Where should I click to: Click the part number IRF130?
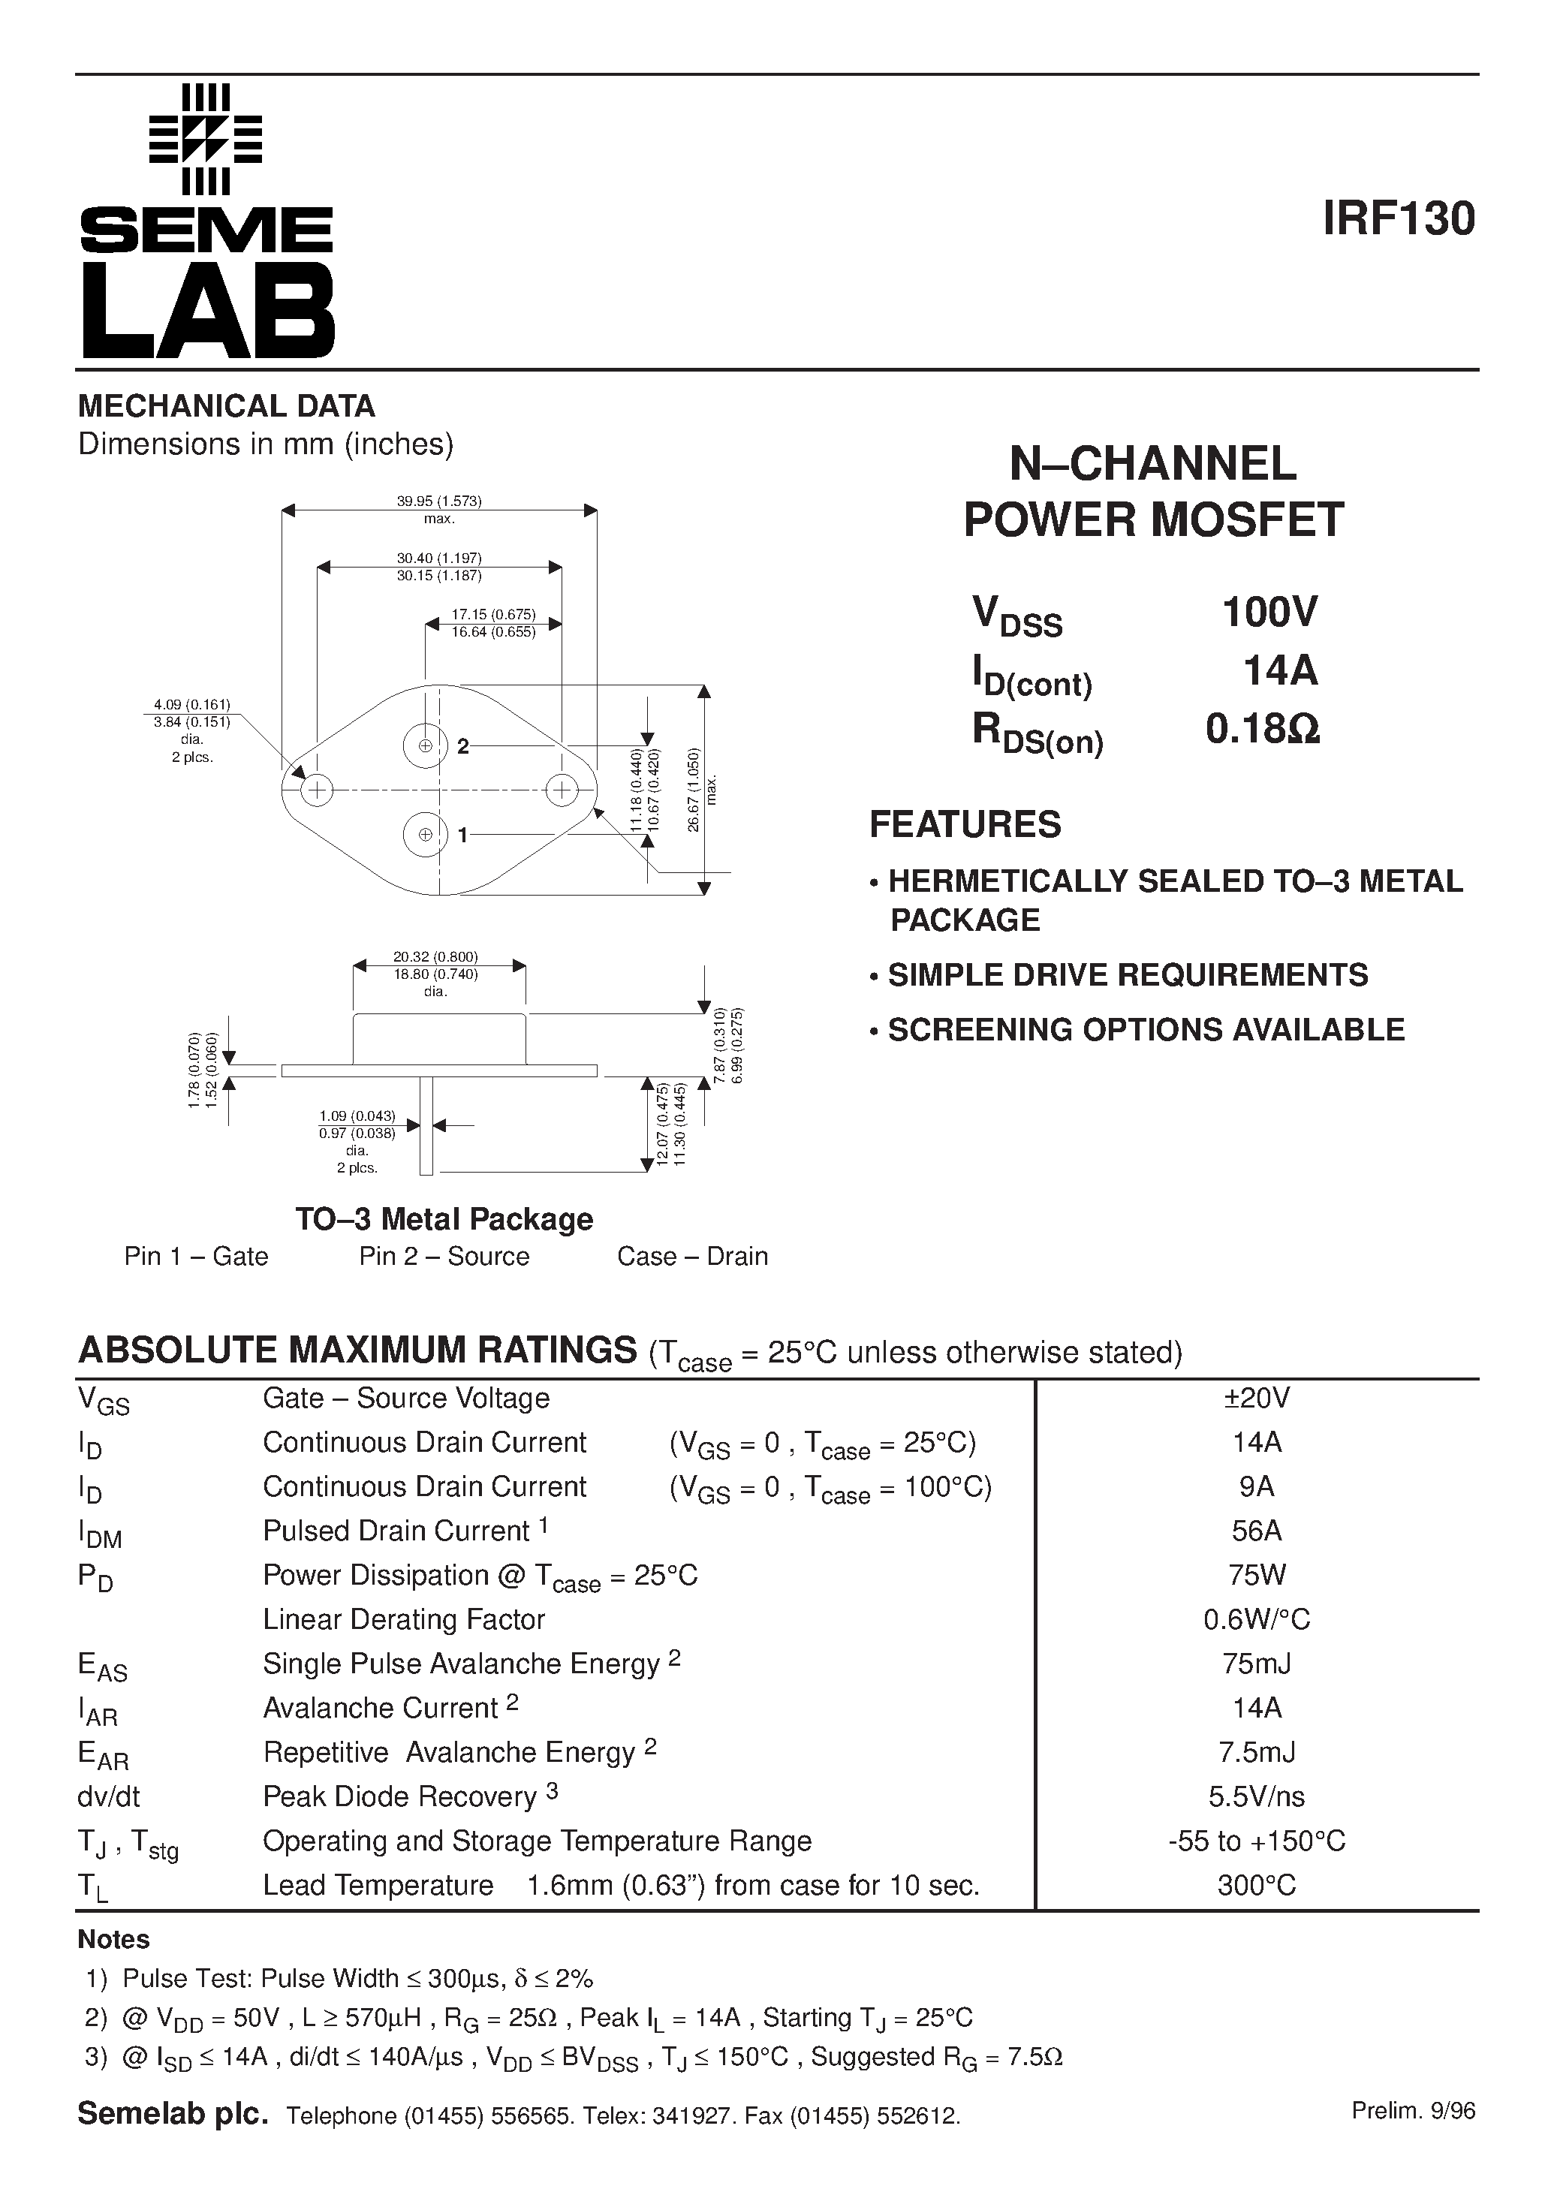pos(1399,219)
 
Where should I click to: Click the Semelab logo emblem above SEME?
pos(206,140)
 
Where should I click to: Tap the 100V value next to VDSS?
pos(1270,612)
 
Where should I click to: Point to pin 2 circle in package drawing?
pos(425,745)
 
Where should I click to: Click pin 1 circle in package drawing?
pos(425,835)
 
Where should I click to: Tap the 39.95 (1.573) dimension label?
pos(439,501)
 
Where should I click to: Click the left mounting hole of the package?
pos(317,790)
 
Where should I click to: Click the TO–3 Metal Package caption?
pos(444,1219)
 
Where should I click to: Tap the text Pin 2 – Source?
pos(444,1256)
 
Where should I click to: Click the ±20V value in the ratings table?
pos(1257,1399)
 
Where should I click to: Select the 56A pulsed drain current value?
pos(1257,1531)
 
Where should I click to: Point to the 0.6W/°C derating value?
pos(1257,1619)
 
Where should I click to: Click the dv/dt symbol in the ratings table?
pos(108,1797)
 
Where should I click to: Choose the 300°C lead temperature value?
pos(1257,1885)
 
